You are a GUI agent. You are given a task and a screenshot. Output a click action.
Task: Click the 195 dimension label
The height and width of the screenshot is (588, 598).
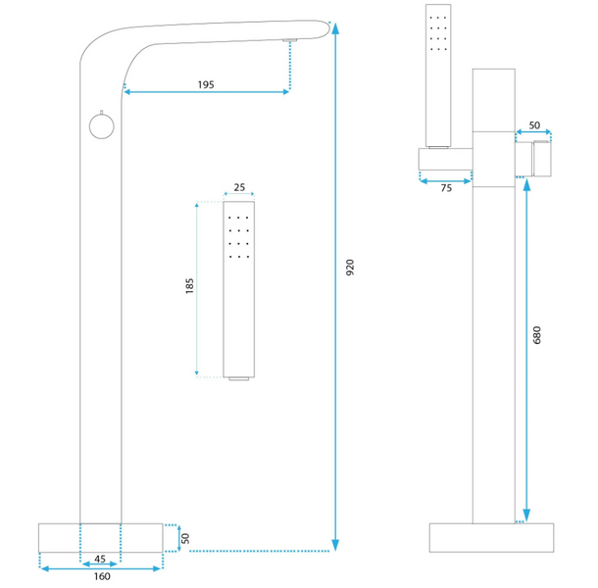tap(206, 85)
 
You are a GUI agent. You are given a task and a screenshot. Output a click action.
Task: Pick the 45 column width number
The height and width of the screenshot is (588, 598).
tap(100, 560)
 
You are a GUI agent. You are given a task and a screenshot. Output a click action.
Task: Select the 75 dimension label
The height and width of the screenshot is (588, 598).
tap(446, 188)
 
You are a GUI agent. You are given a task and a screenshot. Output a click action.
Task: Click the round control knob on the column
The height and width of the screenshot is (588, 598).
tap(97, 125)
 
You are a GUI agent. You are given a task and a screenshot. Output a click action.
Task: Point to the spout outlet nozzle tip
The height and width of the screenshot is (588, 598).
tap(289, 41)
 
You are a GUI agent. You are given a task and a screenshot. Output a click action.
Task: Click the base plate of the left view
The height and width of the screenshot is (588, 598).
tap(101, 538)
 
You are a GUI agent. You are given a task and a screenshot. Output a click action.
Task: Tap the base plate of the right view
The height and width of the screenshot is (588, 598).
tap(493, 538)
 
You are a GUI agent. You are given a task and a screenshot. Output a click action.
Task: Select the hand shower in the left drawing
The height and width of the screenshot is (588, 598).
tap(240, 290)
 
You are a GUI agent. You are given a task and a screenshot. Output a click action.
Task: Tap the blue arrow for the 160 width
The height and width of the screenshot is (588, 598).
tap(101, 566)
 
